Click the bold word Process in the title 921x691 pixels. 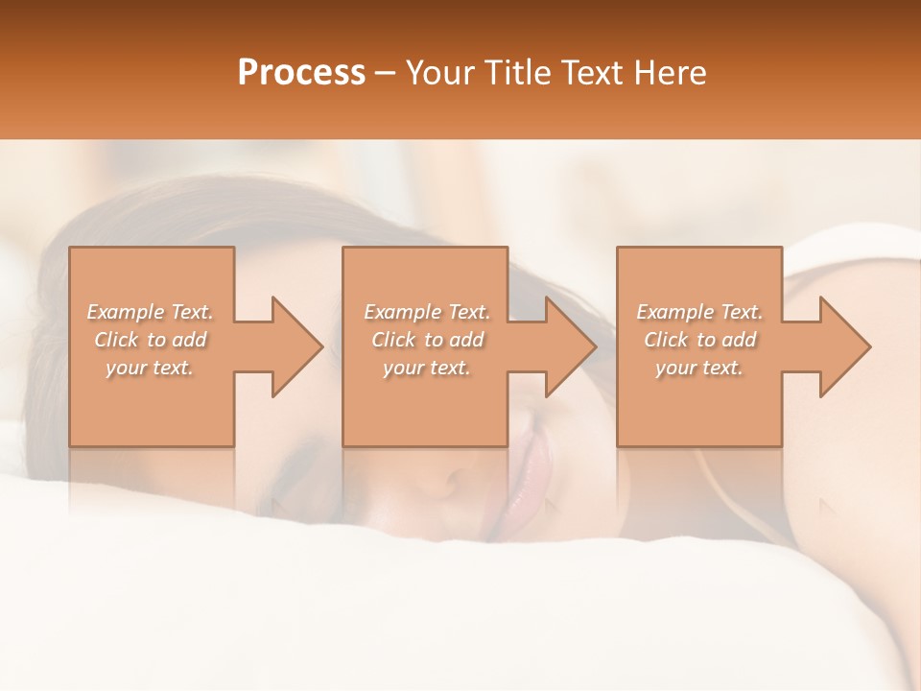[x=301, y=72]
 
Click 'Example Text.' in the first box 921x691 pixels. [x=151, y=312]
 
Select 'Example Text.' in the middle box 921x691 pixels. [x=427, y=312]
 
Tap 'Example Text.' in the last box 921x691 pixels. [x=699, y=312]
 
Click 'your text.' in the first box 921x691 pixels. [x=150, y=368]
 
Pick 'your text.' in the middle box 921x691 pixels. [x=427, y=368]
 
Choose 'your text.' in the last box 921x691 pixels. [x=699, y=368]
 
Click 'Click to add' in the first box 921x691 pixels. [x=151, y=340]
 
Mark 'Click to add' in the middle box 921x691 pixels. [x=427, y=340]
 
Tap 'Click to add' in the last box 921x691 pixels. [x=699, y=340]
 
